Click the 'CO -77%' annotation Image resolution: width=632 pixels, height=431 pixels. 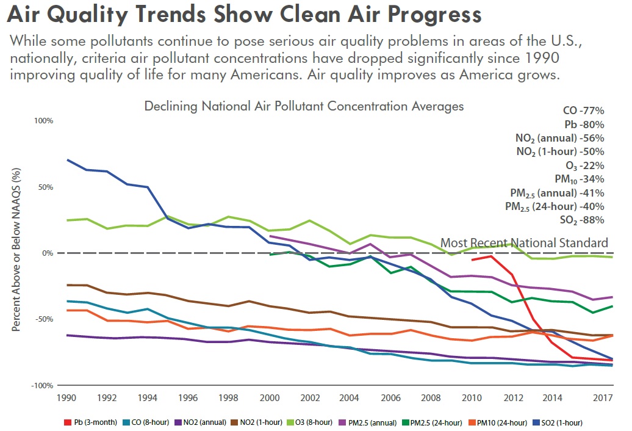click(x=583, y=111)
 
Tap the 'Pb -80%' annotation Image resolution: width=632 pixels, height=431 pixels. click(x=584, y=125)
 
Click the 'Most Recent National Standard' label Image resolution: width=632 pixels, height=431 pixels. click(x=524, y=243)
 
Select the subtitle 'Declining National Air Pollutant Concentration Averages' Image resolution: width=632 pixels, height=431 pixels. click(x=304, y=106)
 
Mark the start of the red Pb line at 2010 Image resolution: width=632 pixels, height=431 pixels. click(x=472, y=260)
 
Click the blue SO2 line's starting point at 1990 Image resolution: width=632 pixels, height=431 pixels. click(x=67, y=160)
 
